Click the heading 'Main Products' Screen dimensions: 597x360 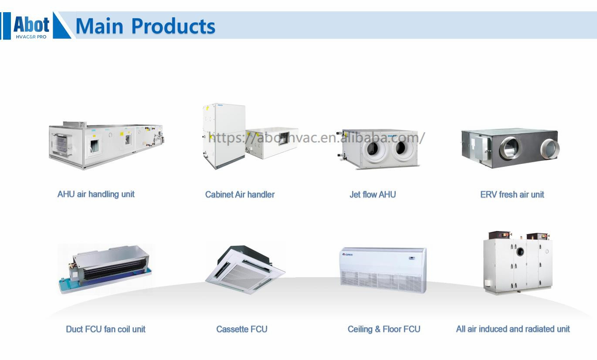(x=145, y=26)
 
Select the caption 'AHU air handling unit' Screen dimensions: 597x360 (x=96, y=194)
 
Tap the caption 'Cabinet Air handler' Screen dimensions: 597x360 (x=240, y=194)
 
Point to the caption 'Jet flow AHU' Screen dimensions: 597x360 (x=373, y=194)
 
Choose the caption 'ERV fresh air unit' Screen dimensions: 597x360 (x=512, y=194)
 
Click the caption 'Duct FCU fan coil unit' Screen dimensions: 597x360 (x=105, y=329)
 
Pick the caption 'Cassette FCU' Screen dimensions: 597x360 (x=241, y=329)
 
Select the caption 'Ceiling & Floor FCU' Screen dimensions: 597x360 (x=384, y=329)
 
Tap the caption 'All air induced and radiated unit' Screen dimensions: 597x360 (x=513, y=329)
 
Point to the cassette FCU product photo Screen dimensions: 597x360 (x=245, y=269)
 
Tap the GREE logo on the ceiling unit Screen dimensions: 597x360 (x=348, y=255)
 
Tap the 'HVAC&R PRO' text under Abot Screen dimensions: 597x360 (x=31, y=37)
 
